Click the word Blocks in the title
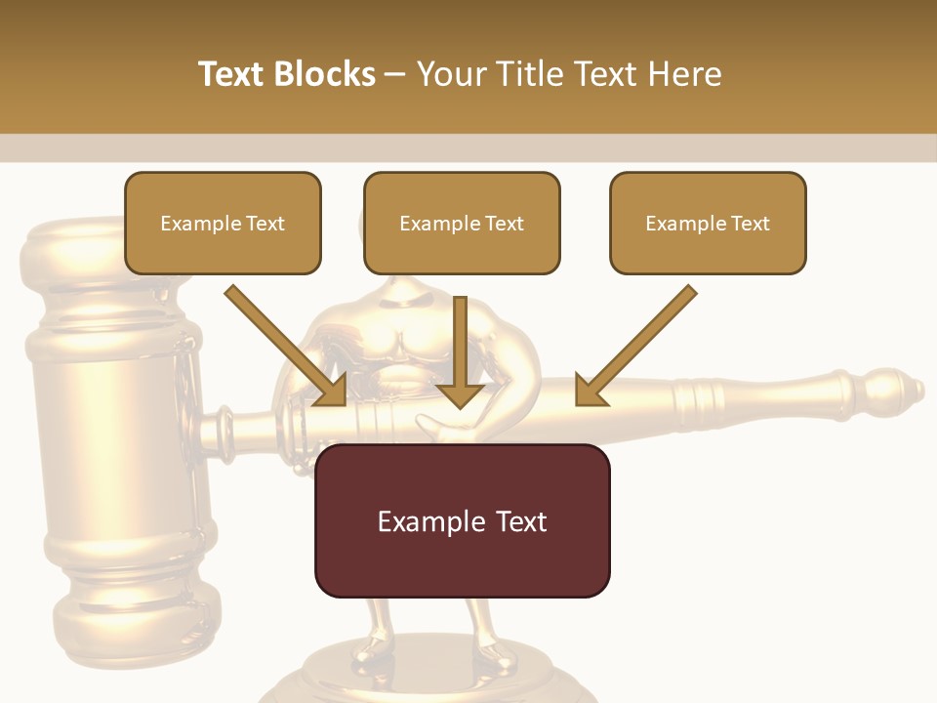326,74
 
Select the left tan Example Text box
223,223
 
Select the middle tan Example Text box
462,223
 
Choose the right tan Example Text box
708,223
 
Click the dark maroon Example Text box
462,520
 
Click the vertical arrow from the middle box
460,351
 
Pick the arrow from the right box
635,346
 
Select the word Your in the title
450,74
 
